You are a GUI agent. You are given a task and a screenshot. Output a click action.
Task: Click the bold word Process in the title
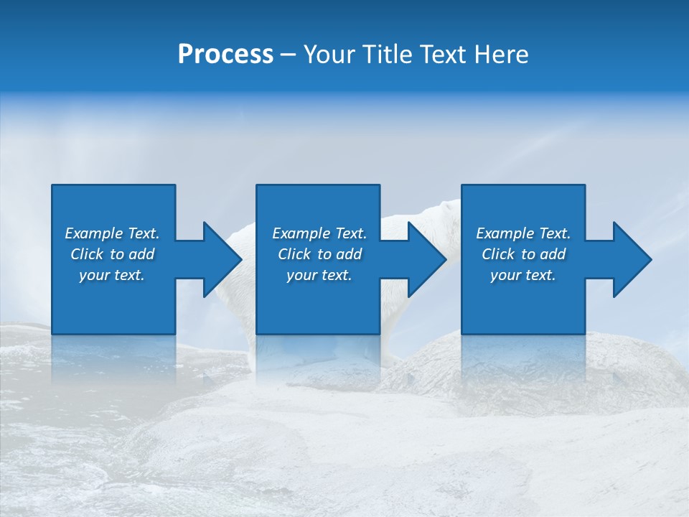coord(225,55)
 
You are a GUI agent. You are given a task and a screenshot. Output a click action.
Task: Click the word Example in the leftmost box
coord(93,233)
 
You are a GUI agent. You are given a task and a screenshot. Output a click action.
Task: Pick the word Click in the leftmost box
coord(88,254)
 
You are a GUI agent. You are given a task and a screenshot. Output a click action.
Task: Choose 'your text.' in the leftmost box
coord(112,275)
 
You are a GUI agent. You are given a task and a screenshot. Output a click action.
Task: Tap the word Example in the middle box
coord(301,233)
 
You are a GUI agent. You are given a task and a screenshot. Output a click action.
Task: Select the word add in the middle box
coord(349,254)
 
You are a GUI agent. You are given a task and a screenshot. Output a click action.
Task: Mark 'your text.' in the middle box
coord(319,275)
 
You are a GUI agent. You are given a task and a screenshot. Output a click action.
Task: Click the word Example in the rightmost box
coord(505,233)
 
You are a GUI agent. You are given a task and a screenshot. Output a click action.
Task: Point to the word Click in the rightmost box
coord(498,254)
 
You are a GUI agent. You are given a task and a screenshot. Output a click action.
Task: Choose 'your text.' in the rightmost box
coord(523,275)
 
